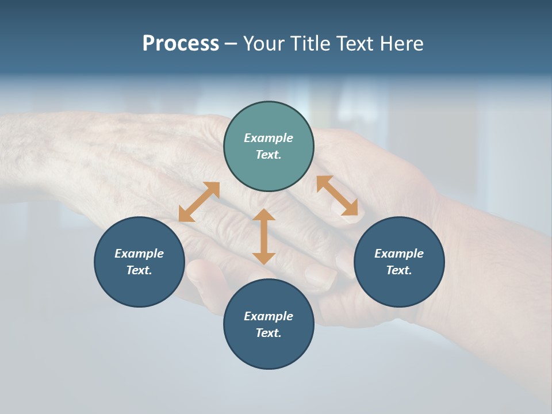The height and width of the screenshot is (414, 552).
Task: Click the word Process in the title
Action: click(181, 44)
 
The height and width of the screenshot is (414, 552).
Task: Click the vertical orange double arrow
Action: click(264, 236)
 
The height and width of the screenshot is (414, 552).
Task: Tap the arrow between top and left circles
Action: click(199, 201)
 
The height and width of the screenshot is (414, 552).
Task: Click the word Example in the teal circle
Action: click(269, 138)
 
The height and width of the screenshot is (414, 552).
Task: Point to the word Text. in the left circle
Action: click(139, 270)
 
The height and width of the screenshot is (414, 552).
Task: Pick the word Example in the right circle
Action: click(399, 254)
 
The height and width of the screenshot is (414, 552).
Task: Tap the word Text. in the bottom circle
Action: click(269, 333)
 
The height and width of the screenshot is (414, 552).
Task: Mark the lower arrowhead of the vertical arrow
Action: click(264, 258)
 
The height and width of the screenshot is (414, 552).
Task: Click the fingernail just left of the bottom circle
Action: click(201, 273)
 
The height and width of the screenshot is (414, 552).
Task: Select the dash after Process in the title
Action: click(231, 44)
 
